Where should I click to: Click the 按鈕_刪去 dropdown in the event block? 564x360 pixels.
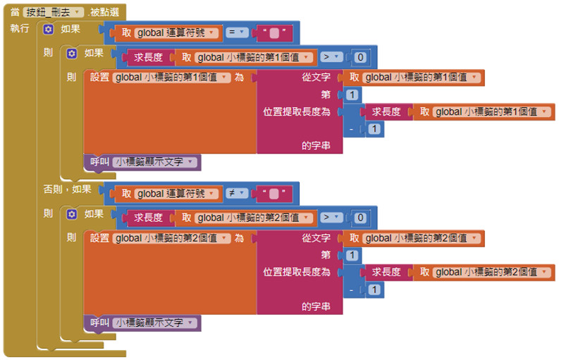(53, 13)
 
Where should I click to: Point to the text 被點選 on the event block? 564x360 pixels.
(105, 13)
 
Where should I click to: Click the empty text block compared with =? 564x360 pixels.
(276, 32)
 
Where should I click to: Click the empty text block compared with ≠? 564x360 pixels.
(276, 193)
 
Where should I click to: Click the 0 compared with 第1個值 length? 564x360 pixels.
(360, 57)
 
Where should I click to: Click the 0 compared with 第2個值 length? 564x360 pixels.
(360, 218)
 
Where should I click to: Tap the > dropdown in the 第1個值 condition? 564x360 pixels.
(331, 57)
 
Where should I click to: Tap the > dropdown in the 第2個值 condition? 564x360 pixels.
(331, 218)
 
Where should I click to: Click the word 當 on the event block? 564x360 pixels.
(15, 13)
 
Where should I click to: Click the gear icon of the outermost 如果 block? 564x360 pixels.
(48, 29)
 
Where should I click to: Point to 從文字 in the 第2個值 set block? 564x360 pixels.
(316, 238)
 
